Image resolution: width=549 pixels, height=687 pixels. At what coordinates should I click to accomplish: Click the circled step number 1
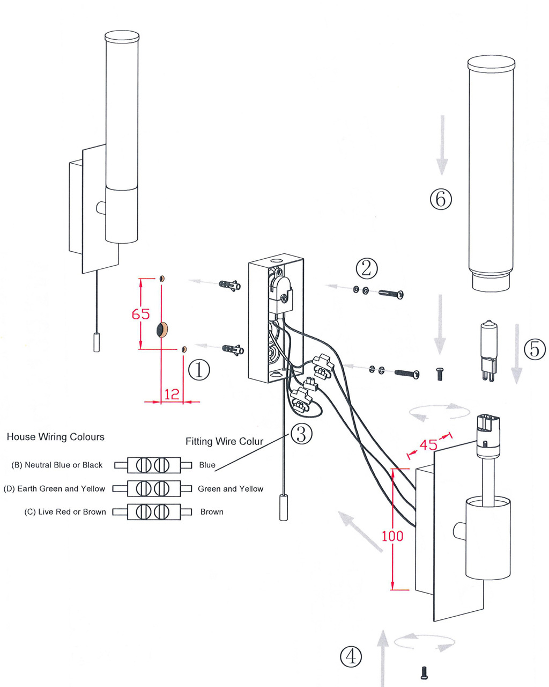click(199, 369)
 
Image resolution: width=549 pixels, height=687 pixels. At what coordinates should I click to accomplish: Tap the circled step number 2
click(366, 267)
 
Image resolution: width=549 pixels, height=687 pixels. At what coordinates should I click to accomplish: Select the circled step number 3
click(301, 433)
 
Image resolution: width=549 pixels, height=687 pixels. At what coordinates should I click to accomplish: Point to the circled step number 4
click(351, 656)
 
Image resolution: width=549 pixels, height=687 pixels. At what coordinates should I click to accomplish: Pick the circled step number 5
click(535, 349)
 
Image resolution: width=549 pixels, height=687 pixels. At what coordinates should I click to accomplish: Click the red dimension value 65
click(140, 313)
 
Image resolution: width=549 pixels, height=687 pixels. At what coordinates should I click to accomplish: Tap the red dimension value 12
click(172, 394)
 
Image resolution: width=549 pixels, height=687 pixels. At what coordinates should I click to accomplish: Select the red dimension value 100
click(392, 536)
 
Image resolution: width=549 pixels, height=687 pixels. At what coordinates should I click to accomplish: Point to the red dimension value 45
click(428, 444)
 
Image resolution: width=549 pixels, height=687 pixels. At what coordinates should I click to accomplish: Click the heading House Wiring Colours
click(55, 437)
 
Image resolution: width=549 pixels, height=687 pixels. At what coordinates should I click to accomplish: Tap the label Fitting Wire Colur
click(224, 441)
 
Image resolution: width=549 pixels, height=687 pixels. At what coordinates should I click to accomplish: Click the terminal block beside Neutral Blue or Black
click(153, 465)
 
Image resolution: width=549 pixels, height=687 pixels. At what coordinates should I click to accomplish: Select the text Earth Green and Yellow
click(61, 488)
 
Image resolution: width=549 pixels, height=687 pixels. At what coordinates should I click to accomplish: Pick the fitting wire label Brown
click(212, 511)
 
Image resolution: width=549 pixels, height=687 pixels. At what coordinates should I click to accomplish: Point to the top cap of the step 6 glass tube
click(491, 63)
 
